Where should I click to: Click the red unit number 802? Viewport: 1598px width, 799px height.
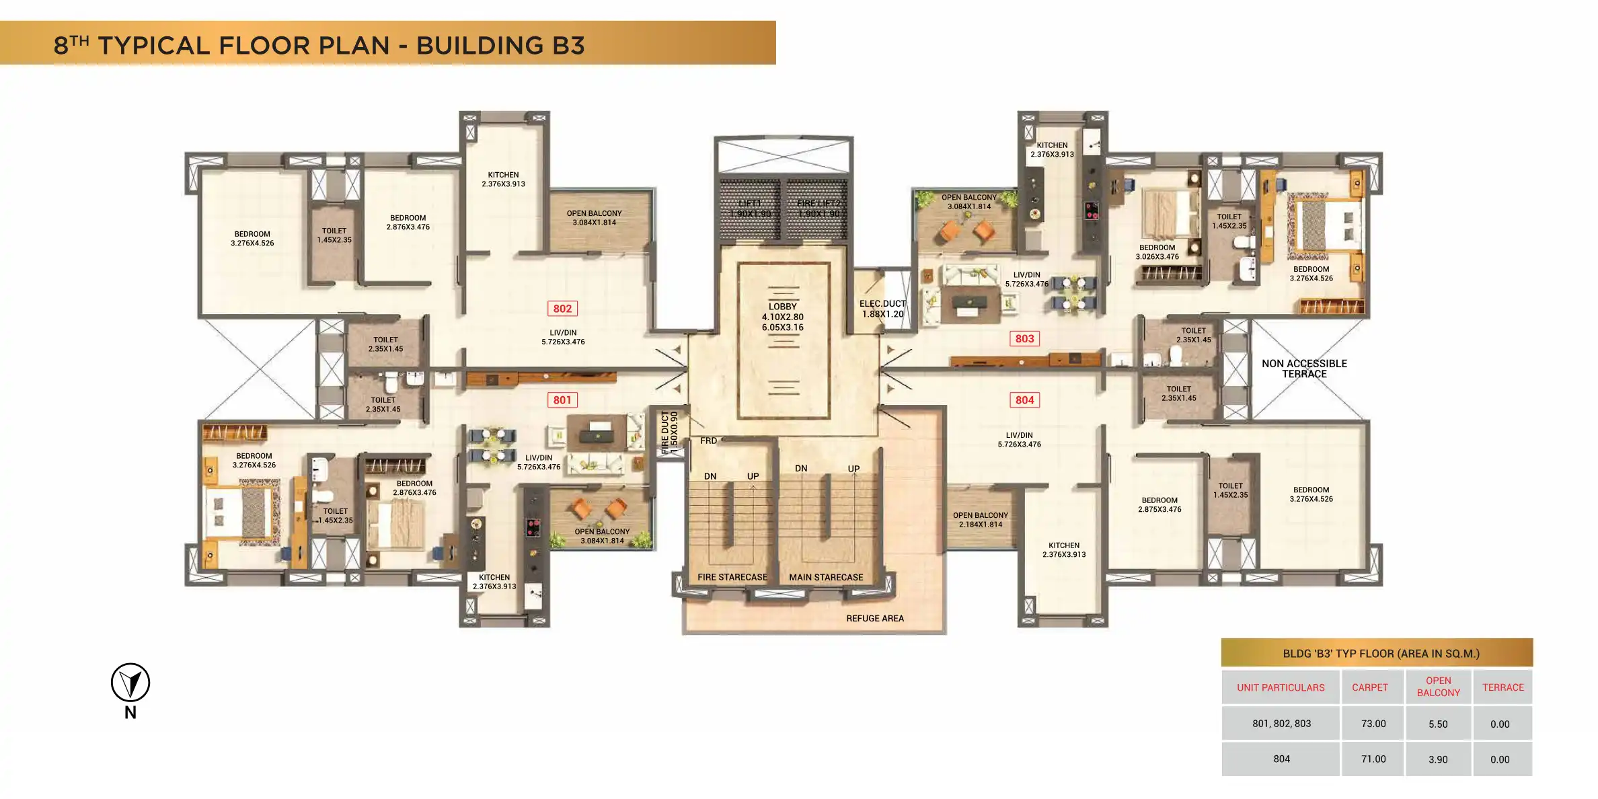point(562,309)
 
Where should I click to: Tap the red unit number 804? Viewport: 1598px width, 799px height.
point(1024,400)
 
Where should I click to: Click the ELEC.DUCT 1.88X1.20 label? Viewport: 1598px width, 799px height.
point(882,309)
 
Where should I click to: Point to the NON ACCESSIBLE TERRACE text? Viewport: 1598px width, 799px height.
point(1304,369)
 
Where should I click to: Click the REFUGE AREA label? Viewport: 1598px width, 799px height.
point(874,618)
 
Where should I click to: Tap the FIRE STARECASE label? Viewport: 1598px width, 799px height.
point(732,577)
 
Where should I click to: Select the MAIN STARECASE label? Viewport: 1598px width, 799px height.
point(826,577)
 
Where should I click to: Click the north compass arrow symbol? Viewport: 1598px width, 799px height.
point(130,683)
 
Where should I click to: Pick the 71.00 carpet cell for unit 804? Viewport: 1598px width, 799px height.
point(1373,759)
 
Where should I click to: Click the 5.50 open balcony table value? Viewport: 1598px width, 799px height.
point(1438,724)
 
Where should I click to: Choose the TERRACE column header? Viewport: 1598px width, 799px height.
point(1502,687)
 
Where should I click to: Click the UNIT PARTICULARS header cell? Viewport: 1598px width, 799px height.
point(1281,687)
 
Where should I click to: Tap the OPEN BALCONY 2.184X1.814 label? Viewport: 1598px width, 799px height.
point(980,520)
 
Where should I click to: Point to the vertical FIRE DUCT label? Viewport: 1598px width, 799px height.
point(669,432)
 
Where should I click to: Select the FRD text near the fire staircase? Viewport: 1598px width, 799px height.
point(708,441)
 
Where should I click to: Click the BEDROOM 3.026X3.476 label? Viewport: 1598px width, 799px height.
point(1157,252)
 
